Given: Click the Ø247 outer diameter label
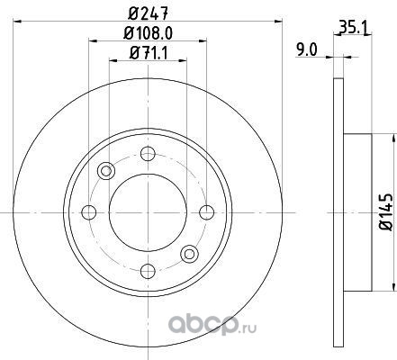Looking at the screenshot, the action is tap(148, 13).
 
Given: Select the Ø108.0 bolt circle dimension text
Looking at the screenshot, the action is tap(149, 33).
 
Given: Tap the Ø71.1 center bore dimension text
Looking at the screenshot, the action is tap(149, 53).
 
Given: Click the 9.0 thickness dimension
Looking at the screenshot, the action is tap(306, 49).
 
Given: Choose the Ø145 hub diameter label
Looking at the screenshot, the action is tap(386, 212).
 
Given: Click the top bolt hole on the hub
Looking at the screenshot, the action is tap(148, 154).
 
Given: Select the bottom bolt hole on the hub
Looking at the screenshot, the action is tap(148, 271).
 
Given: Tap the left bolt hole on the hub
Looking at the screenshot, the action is tap(89, 212).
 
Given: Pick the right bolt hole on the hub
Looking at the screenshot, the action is tap(207, 212).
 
